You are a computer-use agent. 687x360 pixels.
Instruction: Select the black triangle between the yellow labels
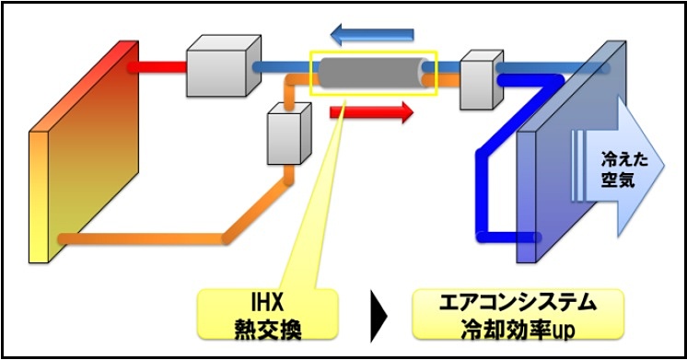[x=375, y=313]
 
